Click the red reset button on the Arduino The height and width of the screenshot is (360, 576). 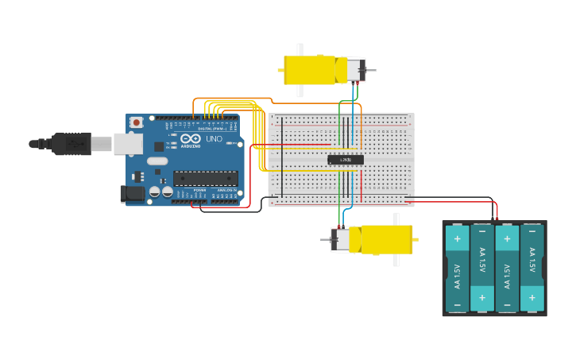137,122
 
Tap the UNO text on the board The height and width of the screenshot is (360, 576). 214,139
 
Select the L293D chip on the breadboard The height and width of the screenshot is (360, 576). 346,160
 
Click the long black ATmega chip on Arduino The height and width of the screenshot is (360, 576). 205,178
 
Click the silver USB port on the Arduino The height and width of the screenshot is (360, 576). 128,144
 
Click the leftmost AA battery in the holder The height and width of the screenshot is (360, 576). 458,269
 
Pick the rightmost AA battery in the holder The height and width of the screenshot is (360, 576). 532,269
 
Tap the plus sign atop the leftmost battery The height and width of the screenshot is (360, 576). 458,238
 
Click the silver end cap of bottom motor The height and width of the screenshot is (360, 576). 340,239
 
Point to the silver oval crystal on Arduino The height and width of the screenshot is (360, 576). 157,161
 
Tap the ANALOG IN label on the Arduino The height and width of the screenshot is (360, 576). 226,190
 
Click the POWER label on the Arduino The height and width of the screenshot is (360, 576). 199,190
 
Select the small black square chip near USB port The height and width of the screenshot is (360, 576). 159,146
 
